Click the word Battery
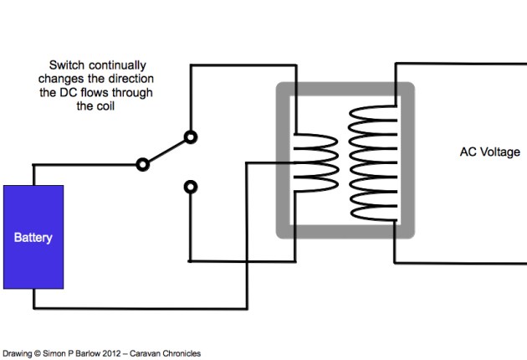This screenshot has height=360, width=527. (33, 238)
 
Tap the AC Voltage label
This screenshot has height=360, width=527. (489, 152)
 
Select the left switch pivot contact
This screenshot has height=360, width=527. (143, 164)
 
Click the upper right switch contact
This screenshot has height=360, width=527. (191, 136)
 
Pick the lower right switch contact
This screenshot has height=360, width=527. (191, 186)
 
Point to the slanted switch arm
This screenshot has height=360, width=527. (167, 151)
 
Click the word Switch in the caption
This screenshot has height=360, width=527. (67, 64)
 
